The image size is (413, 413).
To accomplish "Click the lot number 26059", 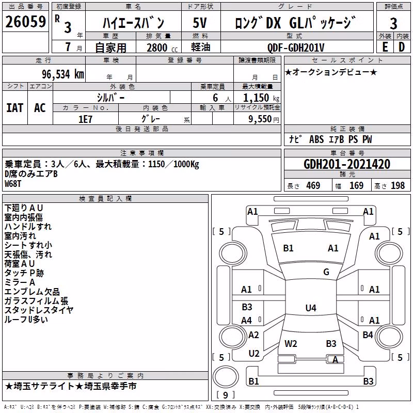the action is [25, 22].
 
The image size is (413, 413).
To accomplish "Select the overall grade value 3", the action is [393, 23].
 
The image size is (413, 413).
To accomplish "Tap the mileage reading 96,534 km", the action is [62, 74].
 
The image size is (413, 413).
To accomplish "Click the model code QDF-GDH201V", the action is [295, 47].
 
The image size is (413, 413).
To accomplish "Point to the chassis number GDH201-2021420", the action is [346, 164].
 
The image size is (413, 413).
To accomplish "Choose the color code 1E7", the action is [85, 119].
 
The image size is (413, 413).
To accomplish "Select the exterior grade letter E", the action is [385, 47].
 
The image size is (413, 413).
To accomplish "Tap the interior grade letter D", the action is [402, 47].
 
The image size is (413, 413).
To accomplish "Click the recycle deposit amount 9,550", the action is [260, 119].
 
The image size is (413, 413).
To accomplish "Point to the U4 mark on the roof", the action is [311, 308].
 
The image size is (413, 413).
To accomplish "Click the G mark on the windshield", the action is [326, 272].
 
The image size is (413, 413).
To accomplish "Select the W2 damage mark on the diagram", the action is [291, 344].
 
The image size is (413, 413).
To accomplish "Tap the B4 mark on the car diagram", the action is [368, 335].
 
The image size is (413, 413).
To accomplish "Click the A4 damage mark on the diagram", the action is [247, 320].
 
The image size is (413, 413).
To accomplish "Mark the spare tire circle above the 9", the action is [226, 377].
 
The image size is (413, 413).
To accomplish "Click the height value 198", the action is [398, 186].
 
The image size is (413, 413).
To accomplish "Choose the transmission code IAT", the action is [15, 108].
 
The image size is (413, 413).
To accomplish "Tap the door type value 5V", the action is [200, 23].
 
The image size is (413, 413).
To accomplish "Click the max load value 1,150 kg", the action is [261, 98].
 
